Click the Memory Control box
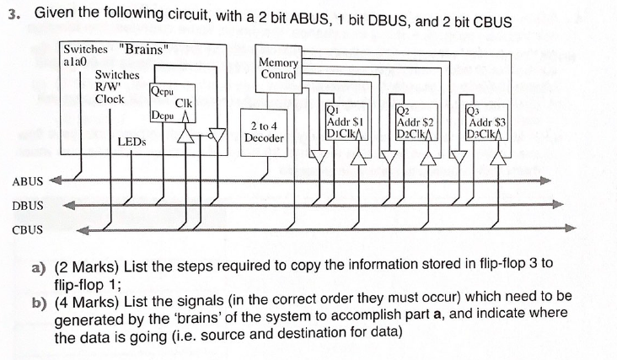coord(278,68)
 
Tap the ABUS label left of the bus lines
coord(27,181)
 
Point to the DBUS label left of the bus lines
coord(27,205)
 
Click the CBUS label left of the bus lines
coord(27,228)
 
